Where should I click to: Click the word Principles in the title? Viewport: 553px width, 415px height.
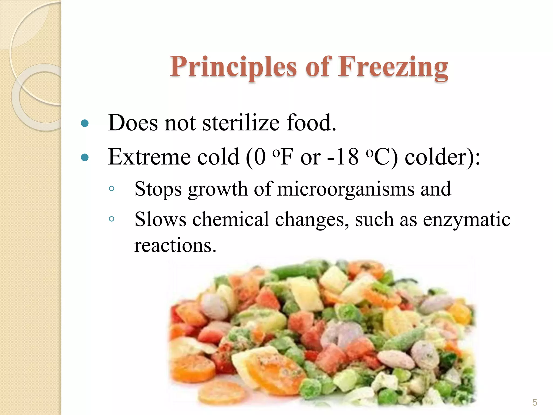point(233,67)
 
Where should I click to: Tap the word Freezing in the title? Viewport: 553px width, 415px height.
point(393,67)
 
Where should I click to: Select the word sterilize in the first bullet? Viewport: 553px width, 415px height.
point(241,123)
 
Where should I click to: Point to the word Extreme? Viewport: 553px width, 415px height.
point(149,157)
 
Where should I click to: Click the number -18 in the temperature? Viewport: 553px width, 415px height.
point(342,157)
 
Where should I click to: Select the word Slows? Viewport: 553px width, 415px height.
point(160,219)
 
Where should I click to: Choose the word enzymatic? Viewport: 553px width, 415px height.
point(467,219)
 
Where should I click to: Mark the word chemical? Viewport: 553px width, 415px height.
point(230,219)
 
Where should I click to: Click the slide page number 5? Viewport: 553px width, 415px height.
point(534,403)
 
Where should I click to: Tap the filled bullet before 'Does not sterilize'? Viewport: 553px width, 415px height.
point(85,123)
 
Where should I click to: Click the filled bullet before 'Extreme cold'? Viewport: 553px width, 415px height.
point(85,157)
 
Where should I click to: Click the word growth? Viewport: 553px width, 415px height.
point(218,189)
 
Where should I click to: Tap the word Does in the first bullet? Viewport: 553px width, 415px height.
point(133,123)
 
